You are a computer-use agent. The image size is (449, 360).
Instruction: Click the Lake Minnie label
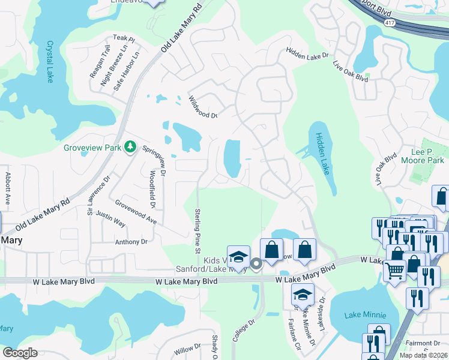[x=365, y=314]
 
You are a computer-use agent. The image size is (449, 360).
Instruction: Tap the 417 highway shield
[x=391, y=22]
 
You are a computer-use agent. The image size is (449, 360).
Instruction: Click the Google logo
[x=20, y=353]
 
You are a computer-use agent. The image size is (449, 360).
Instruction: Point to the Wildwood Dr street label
[x=203, y=107]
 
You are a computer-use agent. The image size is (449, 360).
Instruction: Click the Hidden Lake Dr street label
[x=309, y=55]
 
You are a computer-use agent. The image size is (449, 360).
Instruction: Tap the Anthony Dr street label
[x=131, y=242]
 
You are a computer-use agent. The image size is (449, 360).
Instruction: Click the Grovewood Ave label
[x=136, y=212]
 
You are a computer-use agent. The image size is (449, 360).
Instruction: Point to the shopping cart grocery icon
[x=394, y=271]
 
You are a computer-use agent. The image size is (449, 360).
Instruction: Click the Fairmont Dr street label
[x=423, y=343]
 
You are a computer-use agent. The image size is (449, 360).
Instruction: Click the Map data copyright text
[x=424, y=355]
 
